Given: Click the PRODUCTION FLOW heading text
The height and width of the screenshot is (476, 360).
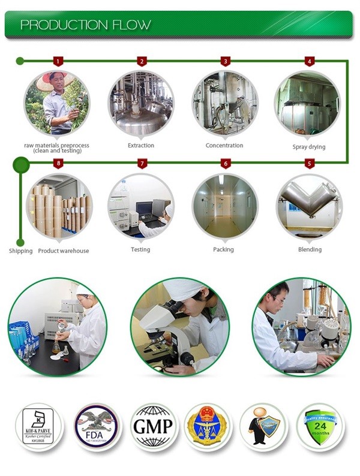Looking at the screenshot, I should tap(85, 25).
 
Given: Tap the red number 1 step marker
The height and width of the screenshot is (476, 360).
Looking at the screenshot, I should tap(58, 61).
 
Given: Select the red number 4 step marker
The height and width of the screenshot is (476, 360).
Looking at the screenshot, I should tap(309, 61).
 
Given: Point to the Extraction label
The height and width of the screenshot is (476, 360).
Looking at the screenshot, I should tap(141, 146).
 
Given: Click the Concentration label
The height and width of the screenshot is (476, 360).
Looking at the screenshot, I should tap(224, 146).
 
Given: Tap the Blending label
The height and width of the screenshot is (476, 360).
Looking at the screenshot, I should tap(310, 249).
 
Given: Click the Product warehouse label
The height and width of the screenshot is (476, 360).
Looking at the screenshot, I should tap(63, 251).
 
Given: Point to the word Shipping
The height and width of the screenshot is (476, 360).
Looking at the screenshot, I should tap(20, 251).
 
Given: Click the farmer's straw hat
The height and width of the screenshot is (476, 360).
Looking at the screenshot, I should tap(55, 80).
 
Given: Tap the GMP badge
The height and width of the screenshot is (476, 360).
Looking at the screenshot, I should tap(154, 427).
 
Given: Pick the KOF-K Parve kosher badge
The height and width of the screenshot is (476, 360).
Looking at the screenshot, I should tap(38, 427).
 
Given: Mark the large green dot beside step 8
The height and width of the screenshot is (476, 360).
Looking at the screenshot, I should tap(21, 164).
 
